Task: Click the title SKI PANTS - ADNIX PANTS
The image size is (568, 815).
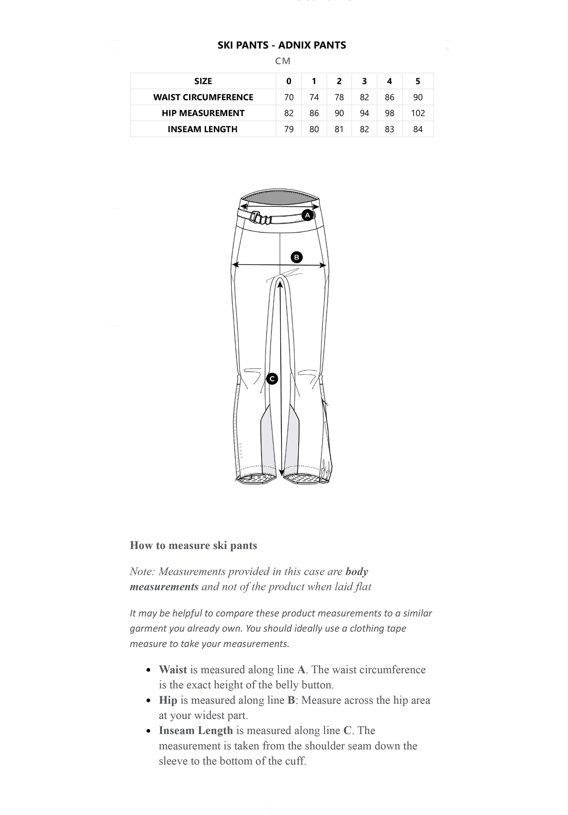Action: tap(282, 45)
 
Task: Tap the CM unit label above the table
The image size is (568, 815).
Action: tap(283, 61)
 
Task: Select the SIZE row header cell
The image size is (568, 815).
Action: tap(203, 81)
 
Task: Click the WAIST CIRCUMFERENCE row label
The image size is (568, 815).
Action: tap(203, 97)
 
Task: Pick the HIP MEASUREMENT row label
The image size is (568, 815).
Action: tap(203, 113)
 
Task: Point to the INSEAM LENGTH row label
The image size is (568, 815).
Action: tap(202, 129)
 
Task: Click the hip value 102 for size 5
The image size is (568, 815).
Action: tap(417, 113)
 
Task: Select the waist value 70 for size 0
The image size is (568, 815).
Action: tap(289, 97)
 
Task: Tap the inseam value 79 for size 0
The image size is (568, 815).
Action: tap(289, 129)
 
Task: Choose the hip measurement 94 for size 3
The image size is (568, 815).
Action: tap(364, 113)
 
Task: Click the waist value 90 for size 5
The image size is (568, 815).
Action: tap(417, 97)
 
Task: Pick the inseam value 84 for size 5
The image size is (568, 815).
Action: tap(417, 129)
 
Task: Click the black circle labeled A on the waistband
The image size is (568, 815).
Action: tap(307, 215)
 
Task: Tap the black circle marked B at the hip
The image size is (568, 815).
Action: tap(296, 258)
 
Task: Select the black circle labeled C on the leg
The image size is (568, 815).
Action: tap(272, 379)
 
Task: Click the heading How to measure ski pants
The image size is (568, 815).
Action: tap(193, 545)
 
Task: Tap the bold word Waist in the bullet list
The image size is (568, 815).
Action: tap(173, 670)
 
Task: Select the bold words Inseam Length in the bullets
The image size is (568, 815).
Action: tap(196, 730)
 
